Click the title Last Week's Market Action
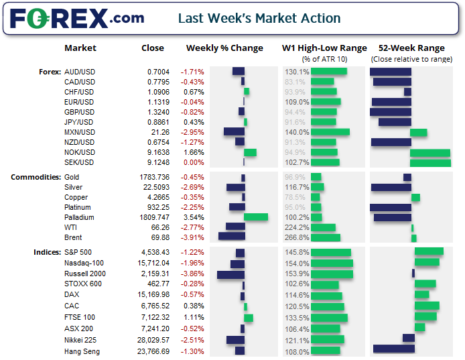pos(259,17)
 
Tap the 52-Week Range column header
pos(411,48)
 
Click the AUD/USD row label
pos(79,72)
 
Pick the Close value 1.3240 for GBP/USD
pos(158,112)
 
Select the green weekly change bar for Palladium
pos(256,217)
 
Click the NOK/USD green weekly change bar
pos(250,152)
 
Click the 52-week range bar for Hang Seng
pos(393,349)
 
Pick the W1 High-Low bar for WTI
pos(323,227)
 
